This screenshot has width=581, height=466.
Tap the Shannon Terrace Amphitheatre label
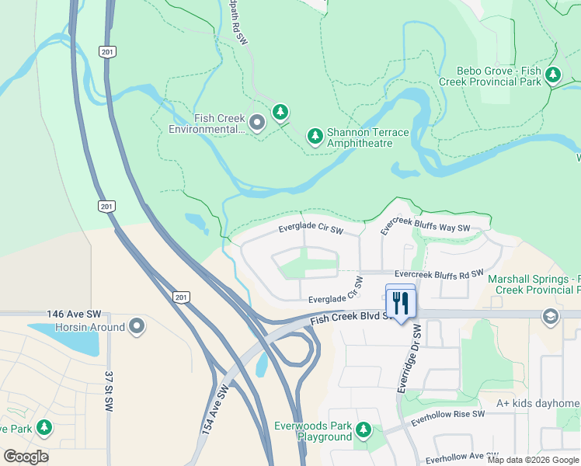pos(367,137)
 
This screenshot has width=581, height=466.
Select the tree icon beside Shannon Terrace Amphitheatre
pos(315,137)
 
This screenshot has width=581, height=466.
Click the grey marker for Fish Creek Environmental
pos(258,123)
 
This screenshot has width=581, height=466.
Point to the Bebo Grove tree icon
pos(552,75)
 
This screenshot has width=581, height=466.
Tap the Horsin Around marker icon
pos(137,326)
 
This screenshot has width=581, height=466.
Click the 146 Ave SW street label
pos(75,314)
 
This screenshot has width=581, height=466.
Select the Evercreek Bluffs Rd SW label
pos(439,274)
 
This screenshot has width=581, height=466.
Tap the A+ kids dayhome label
pos(538,404)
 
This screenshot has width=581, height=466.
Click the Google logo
pos(26,457)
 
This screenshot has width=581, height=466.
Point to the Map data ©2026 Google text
pos(533,460)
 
